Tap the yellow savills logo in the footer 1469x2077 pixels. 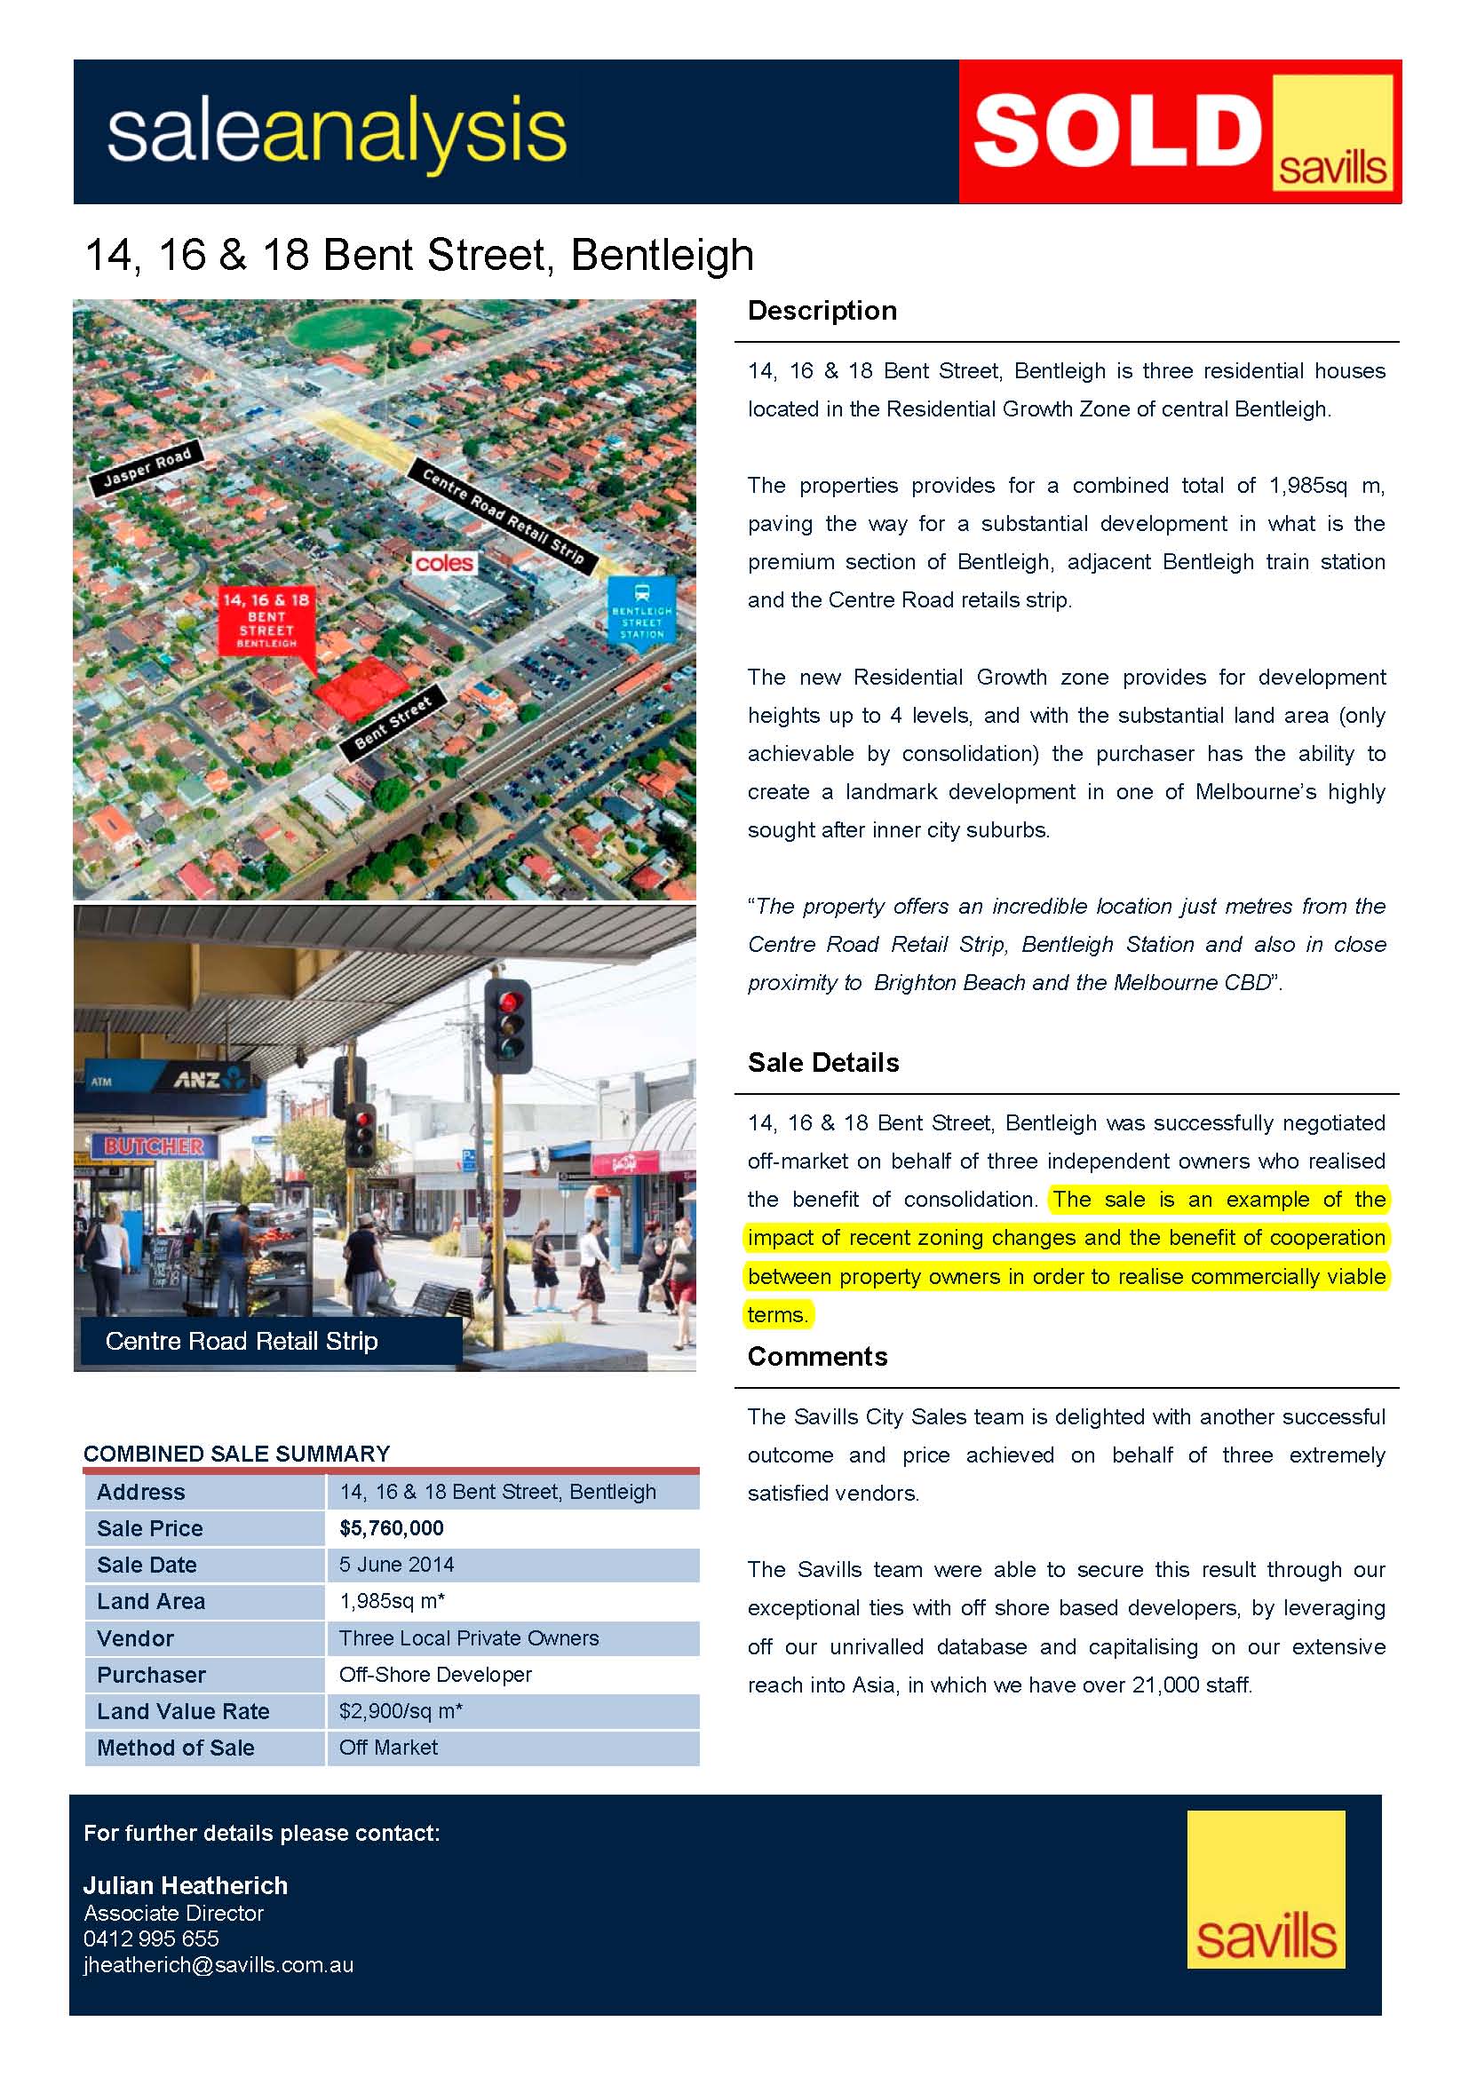click(1266, 1889)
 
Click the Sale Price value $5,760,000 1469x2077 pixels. click(392, 1528)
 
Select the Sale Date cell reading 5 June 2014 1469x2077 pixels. click(396, 1564)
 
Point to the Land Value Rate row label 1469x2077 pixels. click(183, 1710)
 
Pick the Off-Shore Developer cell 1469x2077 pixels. click(435, 1675)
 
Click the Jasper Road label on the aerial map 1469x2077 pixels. click(147, 468)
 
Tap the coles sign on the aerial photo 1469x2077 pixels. click(444, 563)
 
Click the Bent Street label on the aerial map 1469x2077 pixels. click(393, 721)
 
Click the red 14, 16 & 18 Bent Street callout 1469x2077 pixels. click(266, 620)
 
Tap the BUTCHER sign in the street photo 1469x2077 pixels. click(154, 1146)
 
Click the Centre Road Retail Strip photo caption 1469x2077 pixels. click(242, 1341)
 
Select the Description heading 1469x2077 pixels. click(822, 310)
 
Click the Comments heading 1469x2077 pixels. click(817, 1356)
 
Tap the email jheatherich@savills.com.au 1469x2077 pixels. click(218, 1965)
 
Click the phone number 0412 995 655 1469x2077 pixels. click(151, 1938)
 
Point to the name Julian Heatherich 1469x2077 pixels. click(186, 1885)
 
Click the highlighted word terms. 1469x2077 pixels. click(777, 1314)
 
